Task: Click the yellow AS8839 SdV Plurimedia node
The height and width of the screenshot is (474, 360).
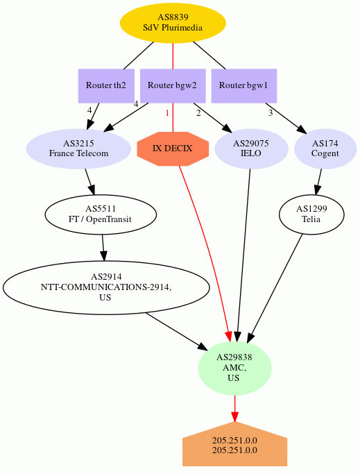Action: (173, 23)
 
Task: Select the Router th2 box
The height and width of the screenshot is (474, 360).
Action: (106, 86)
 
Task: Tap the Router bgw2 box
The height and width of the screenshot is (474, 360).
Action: (173, 86)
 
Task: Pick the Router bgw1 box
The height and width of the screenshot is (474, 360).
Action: (244, 86)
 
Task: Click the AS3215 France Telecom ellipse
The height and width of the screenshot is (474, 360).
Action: (78, 149)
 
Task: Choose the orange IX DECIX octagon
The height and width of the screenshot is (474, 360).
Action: (173, 149)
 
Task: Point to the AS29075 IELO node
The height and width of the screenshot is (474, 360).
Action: (251, 149)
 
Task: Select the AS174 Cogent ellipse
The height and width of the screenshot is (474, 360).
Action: (325, 149)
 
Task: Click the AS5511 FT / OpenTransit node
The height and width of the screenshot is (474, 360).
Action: (101, 214)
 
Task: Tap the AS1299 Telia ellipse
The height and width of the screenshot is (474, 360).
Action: (311, 214)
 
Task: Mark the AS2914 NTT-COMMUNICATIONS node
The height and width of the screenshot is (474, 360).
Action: (106, 287)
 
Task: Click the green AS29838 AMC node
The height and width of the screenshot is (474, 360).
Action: (234, 369)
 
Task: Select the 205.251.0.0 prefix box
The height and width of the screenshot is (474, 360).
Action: (234, 444)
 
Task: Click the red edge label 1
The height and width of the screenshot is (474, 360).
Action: (167, 113)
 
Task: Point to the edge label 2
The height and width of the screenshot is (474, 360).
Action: (198, 113)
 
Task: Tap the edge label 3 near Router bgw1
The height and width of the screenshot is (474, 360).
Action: (271, 113)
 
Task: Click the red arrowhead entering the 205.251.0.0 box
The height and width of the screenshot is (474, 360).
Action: (234, 416)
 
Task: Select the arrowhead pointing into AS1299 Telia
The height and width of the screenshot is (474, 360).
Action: (317, 190)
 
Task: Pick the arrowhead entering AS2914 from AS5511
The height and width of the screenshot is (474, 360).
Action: (103, 255)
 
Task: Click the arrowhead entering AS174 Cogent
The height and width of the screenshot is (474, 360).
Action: (302, 129)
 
